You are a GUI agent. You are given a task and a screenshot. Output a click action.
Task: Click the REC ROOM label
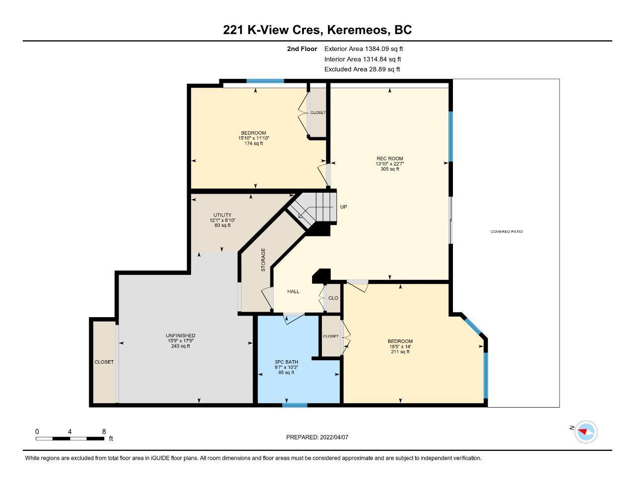point(389,159)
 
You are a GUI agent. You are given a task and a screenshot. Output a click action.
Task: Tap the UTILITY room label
point(222,215)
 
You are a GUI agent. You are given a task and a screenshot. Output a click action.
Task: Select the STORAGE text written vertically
point(263,260)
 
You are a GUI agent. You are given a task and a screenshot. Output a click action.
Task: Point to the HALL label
point(293,291)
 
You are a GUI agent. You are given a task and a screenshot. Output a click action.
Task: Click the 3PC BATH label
point(286,362)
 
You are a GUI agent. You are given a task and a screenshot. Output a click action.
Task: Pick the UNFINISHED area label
point(180,335)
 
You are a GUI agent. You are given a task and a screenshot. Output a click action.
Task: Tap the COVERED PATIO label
point(507,232)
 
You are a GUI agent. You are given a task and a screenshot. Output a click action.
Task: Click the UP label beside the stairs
point(343,207)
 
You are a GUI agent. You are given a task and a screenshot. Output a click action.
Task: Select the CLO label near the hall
point(333,298)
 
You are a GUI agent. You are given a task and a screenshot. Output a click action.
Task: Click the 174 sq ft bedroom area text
point(254,143)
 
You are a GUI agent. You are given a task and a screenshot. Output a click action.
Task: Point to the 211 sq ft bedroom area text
point(400,352)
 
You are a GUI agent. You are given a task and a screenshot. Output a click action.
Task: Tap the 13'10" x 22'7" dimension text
point(389,163)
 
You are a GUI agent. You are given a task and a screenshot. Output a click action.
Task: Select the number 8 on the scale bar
point(104,432)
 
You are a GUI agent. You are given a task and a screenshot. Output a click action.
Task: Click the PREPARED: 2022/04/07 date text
point(317,437)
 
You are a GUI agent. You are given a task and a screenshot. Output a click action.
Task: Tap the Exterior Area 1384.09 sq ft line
point(364,49)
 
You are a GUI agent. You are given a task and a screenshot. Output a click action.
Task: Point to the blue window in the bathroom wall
point(295,405)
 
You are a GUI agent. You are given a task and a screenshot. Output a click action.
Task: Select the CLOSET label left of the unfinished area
point(104,362)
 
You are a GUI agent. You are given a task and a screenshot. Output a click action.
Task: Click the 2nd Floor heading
point(302,49)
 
